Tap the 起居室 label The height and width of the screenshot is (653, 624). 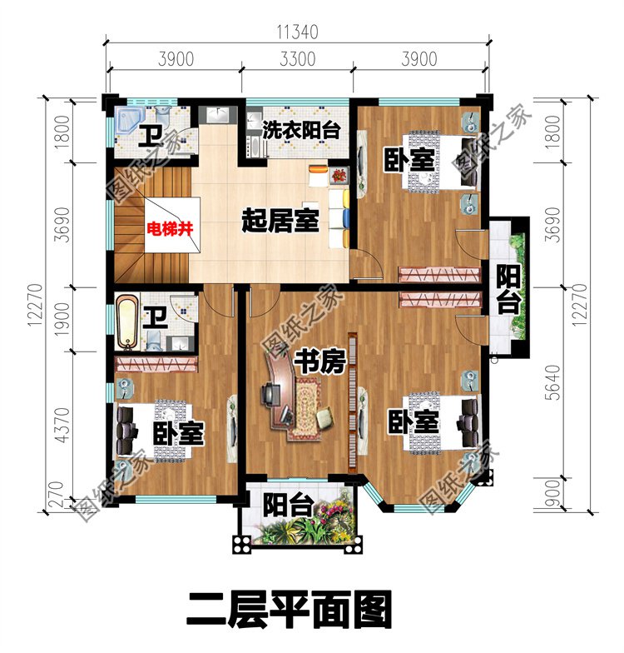coord(280,222)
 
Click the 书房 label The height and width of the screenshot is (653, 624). coord(319,363)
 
